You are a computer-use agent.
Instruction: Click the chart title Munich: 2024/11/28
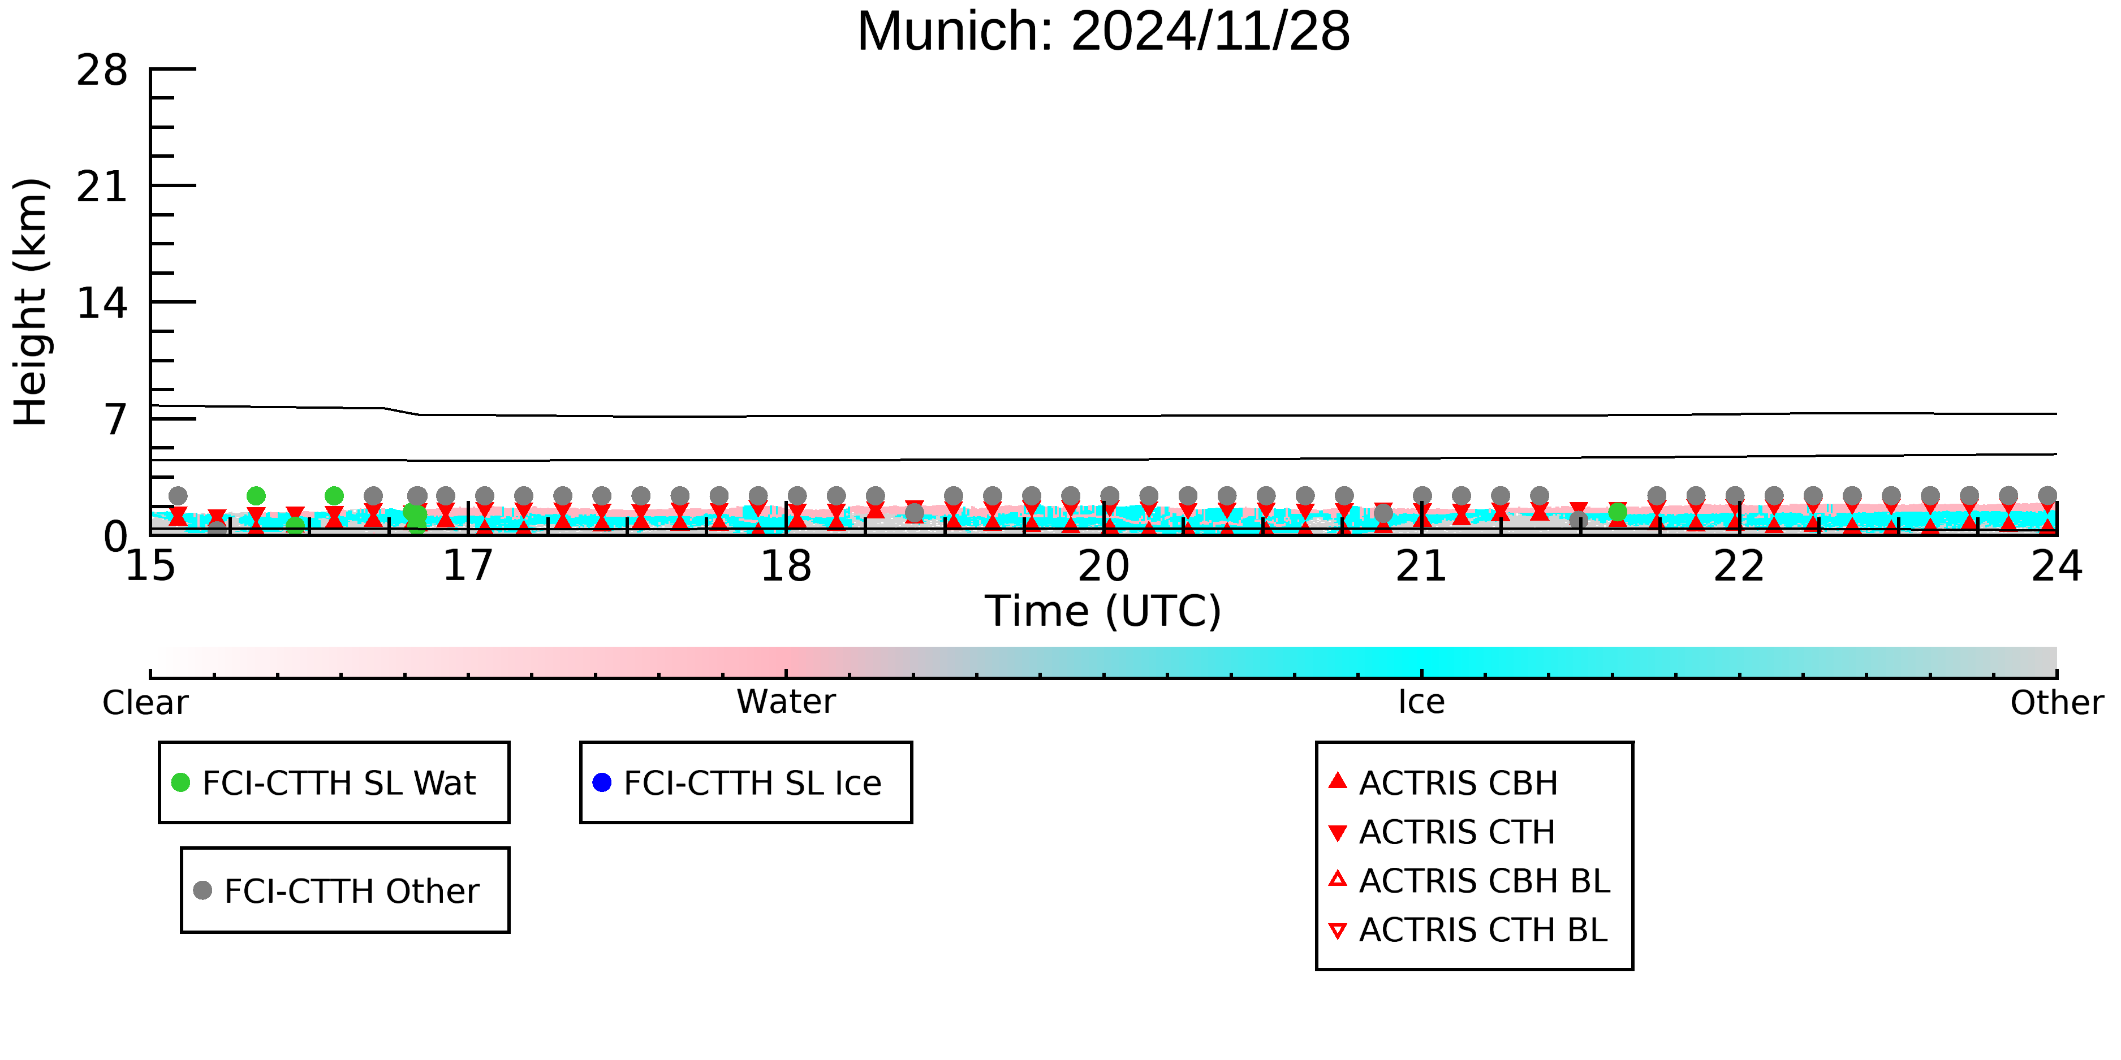(x=1103, y=31)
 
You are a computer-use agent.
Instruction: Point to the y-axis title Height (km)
(x=31, y=302)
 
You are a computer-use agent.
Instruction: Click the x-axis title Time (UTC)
(x=1103, y=612)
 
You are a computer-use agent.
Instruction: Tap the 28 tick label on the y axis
(x=102, y=70)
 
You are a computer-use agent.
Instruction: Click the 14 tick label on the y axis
(x=102, y=304)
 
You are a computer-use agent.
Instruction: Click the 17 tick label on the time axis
(x=468, y=566)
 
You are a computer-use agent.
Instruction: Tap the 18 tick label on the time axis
(x=786, y=566)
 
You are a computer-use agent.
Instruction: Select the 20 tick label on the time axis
(x=1103, y=566)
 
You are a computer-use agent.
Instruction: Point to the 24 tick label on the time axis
(x=2057, y=566)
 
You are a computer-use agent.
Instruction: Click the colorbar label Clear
(x=145, y=703)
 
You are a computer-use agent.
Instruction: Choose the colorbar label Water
(x=786, y=702)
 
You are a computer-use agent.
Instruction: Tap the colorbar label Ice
(x=1422, y=702)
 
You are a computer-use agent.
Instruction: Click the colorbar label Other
(x=2057, y=703)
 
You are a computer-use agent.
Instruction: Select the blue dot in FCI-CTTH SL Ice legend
(x=602, y=782)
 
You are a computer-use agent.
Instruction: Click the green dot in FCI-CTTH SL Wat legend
(x=180, y=782)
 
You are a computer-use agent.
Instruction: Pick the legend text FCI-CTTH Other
(x=352, y=892)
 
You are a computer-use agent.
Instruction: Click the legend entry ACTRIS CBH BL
(x=1470, y=881)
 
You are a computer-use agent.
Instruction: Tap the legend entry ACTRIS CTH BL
(x=1468, y=930)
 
